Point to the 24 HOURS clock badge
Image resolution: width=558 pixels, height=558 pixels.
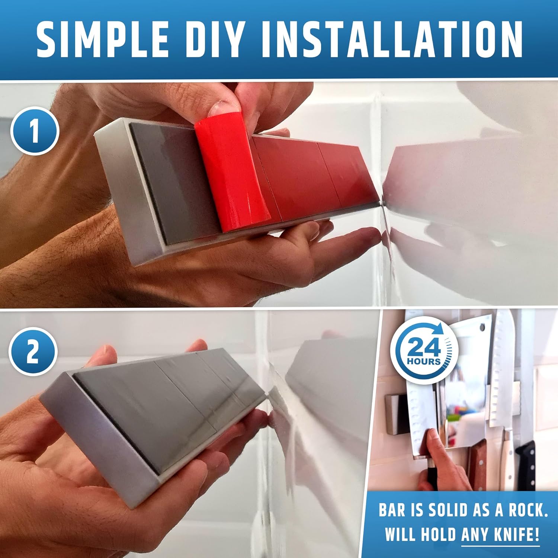tap(424, 350)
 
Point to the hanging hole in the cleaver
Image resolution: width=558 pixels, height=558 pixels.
tap(482, 328)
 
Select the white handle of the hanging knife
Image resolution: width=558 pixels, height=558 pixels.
tap(507, 458)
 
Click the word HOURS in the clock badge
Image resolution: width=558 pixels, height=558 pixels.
tap(423, 361)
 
